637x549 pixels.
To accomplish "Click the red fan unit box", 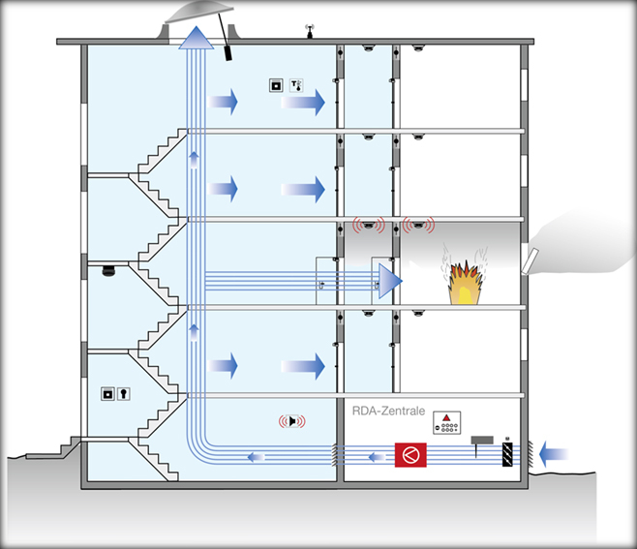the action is [x=410, y=455].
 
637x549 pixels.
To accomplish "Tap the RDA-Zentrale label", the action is [x=388, y=411].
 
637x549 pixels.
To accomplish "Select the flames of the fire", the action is [x=465, y=280].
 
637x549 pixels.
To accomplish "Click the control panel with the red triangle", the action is [x=446, y=422].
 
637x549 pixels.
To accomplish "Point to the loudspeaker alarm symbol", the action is [x=292, y=421].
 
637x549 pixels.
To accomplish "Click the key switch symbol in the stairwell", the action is [x=124, y=394].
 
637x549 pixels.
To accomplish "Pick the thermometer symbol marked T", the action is [x=296, y=86].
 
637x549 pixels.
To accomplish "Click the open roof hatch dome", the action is [x=199, y=13].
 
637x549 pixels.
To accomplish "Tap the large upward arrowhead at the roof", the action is [x=197, y=38].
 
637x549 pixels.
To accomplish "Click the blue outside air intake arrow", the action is [x=554, y=454].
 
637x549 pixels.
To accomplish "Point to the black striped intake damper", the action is [x=507, y=454].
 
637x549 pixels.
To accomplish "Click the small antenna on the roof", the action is [x=310, y=31].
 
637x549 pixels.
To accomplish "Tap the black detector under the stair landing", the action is [x=108, y=271].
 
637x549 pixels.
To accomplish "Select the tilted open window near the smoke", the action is [x=530, y=261].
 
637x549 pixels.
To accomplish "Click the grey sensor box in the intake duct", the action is [x=482, y=441].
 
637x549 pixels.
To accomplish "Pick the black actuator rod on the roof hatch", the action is [x=224, y=37].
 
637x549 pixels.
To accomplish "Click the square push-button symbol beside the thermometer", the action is [x=276, y=86].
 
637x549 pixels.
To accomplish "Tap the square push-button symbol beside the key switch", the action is [x=107, y=394].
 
